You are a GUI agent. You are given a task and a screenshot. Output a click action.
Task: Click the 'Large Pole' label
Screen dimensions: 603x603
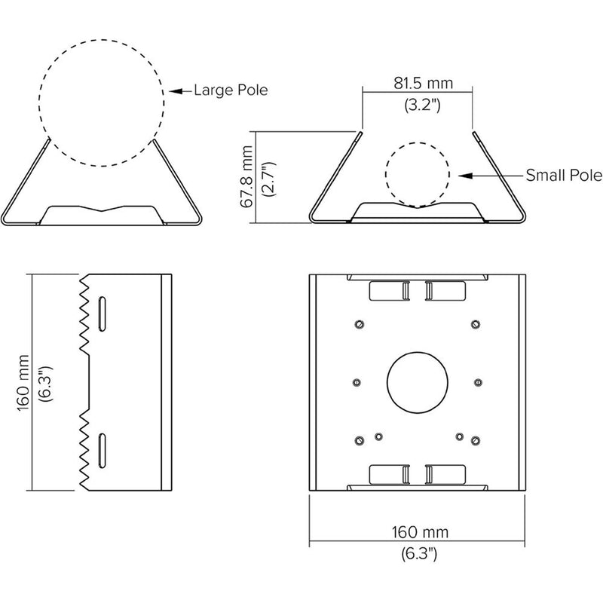coord(231,90)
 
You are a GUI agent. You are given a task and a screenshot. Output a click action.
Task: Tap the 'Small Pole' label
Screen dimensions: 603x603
coord(564,176)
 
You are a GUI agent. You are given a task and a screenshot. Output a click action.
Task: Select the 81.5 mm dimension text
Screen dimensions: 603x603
coord(423,83)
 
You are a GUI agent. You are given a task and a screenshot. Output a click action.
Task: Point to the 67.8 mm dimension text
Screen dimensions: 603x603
coord(247,176)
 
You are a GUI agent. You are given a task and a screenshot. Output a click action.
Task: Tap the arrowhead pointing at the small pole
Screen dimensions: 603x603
coord(465,176)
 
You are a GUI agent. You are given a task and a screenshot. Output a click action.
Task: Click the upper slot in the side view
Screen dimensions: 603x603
coord(103,314)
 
